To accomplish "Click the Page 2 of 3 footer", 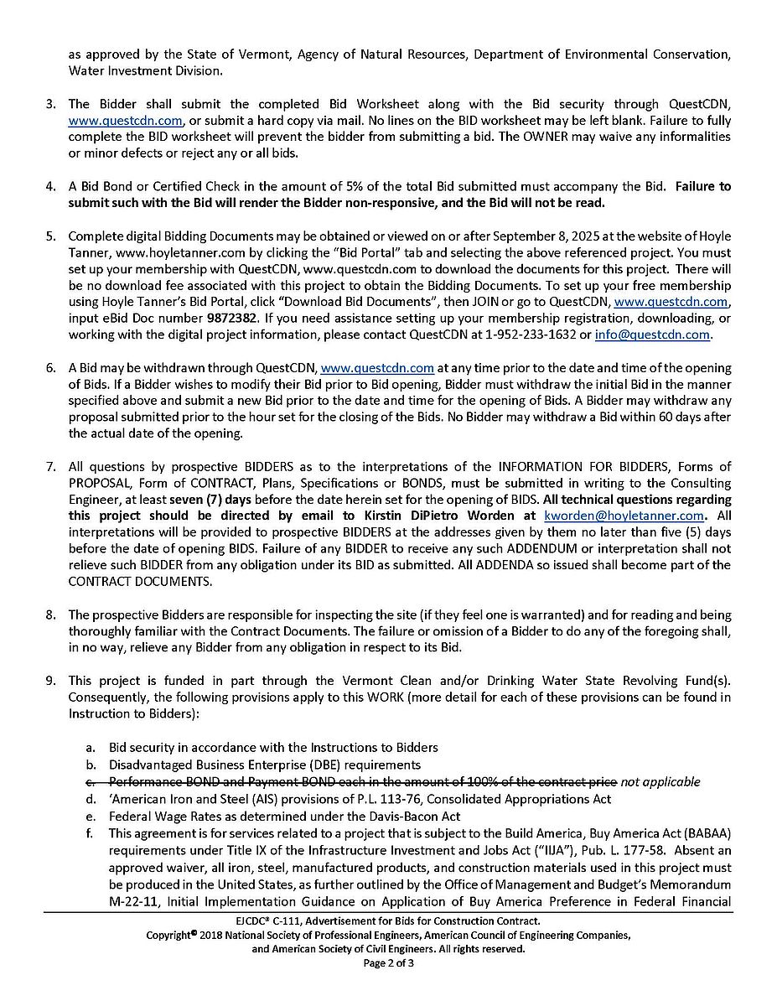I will pos(388,963).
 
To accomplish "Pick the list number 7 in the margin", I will pos(50,467).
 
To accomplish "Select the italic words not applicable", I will pos(660,782).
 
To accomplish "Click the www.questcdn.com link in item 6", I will pos(377,368).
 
